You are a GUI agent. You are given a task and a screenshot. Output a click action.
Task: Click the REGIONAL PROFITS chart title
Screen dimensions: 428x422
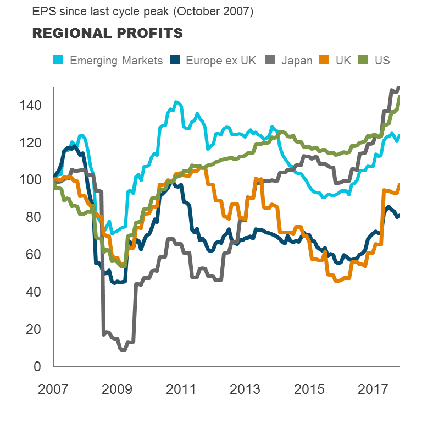[107, 34]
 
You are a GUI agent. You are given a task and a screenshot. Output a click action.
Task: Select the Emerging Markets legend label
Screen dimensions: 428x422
[116, 60]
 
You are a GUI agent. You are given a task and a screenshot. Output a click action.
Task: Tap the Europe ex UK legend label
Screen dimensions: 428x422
[221, 60]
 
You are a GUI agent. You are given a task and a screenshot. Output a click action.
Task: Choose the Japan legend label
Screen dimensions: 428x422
[297, 60]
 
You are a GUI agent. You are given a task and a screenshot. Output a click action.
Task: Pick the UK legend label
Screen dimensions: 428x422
[343, 60]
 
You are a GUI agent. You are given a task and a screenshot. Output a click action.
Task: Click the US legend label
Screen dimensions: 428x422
[382, 60]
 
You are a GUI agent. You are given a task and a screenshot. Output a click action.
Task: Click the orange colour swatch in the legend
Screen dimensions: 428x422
[325, 60]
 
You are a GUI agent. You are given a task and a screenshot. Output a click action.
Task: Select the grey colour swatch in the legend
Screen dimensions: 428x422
[271, 60]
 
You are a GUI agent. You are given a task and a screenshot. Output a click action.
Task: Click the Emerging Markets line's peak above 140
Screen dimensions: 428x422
[176, 102]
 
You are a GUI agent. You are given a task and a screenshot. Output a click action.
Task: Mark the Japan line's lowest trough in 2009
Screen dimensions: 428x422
[123, 349]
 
